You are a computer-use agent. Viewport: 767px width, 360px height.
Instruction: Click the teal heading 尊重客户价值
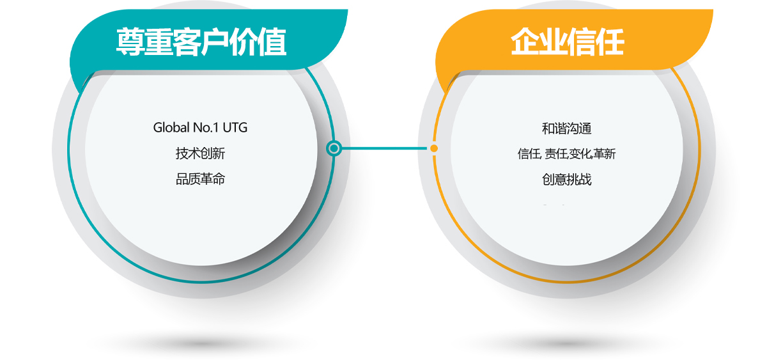pyautogui.click(x=201, y=42)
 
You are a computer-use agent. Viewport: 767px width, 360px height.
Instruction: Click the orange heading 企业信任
pyautogui.click(x=568, y=42)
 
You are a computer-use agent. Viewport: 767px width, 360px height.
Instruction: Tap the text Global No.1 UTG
pyautogui.click(x=200, y=128)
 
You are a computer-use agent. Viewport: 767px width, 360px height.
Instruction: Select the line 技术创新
pyautogui.click(x=200, y=153)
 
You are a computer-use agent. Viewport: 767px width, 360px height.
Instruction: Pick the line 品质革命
pyautogui.click(x=200, y=179)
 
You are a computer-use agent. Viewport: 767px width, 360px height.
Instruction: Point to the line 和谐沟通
pyautogui.click(x=567, y=129)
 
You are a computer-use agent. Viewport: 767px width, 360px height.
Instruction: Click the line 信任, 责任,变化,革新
pyautogui.click(x=567, y=154)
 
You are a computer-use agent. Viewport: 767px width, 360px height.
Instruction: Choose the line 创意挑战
pyautogui.click(x=567, y=179)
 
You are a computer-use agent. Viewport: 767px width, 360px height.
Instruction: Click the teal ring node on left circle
pyautogui.click(x=334, y=148)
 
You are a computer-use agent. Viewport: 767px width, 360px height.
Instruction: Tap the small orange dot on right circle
pyautogui.click(x=434, y=148)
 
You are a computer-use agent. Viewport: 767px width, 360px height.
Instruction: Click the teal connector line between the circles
pyautogui.click(x=384, y=148)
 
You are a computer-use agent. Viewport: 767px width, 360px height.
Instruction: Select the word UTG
pyautogui.click(x=235, y=128)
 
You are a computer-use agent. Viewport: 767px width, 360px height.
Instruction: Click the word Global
pyautogui.click(x=171, y=128)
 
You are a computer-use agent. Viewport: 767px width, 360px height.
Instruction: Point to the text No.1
pyautogui.click(x=206, y=128)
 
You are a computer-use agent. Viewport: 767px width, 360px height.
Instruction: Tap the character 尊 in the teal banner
pyautogui.click(x=130, y=42)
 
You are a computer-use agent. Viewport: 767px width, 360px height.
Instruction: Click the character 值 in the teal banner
pyautogui.click(x=272, y=42)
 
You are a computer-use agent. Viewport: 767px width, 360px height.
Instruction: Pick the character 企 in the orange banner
pyautogui.click(x=524, y=42)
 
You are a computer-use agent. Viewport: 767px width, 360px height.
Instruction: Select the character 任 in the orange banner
pyautogui.click(x=611, y=42)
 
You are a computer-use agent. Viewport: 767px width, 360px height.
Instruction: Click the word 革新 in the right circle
pyautogui.click(x=605, y=154)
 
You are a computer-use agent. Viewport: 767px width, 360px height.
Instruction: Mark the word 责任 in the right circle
pyautogui.click(x=556, y=154)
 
